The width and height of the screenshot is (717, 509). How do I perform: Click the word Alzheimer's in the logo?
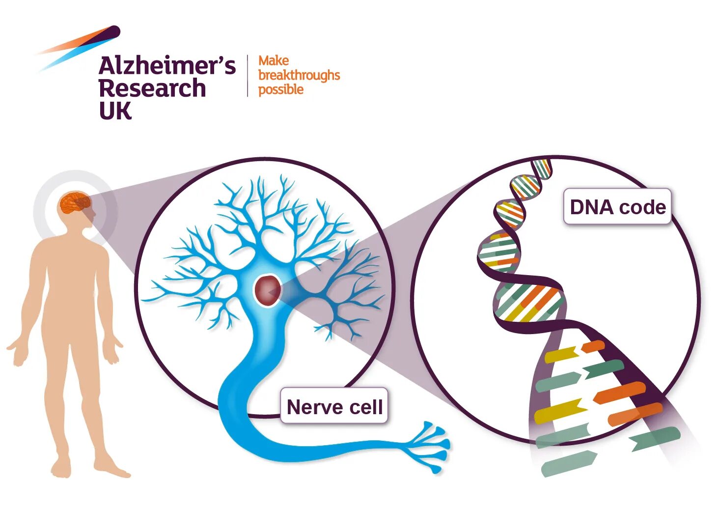click(167, 66)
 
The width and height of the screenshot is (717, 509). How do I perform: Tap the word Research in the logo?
click(152, 88)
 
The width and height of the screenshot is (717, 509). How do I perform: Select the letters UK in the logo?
click(115, 111)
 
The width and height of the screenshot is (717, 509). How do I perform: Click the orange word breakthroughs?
click(299, 75)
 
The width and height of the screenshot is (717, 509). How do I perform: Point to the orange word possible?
click(281, 89)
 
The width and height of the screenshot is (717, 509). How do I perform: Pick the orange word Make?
click(274, 61)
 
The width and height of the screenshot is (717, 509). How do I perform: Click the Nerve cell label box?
click(334, 406)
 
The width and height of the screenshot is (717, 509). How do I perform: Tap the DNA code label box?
click(617, 207)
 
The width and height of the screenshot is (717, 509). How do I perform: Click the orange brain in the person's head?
click(75, 203)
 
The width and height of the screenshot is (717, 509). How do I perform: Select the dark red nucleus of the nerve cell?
click(268, 290)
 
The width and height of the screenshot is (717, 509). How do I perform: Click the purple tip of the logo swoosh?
click(113, 31)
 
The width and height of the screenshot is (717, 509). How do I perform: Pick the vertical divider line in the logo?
click(247, 75)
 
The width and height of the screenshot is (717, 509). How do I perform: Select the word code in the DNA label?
click(642, 207)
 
